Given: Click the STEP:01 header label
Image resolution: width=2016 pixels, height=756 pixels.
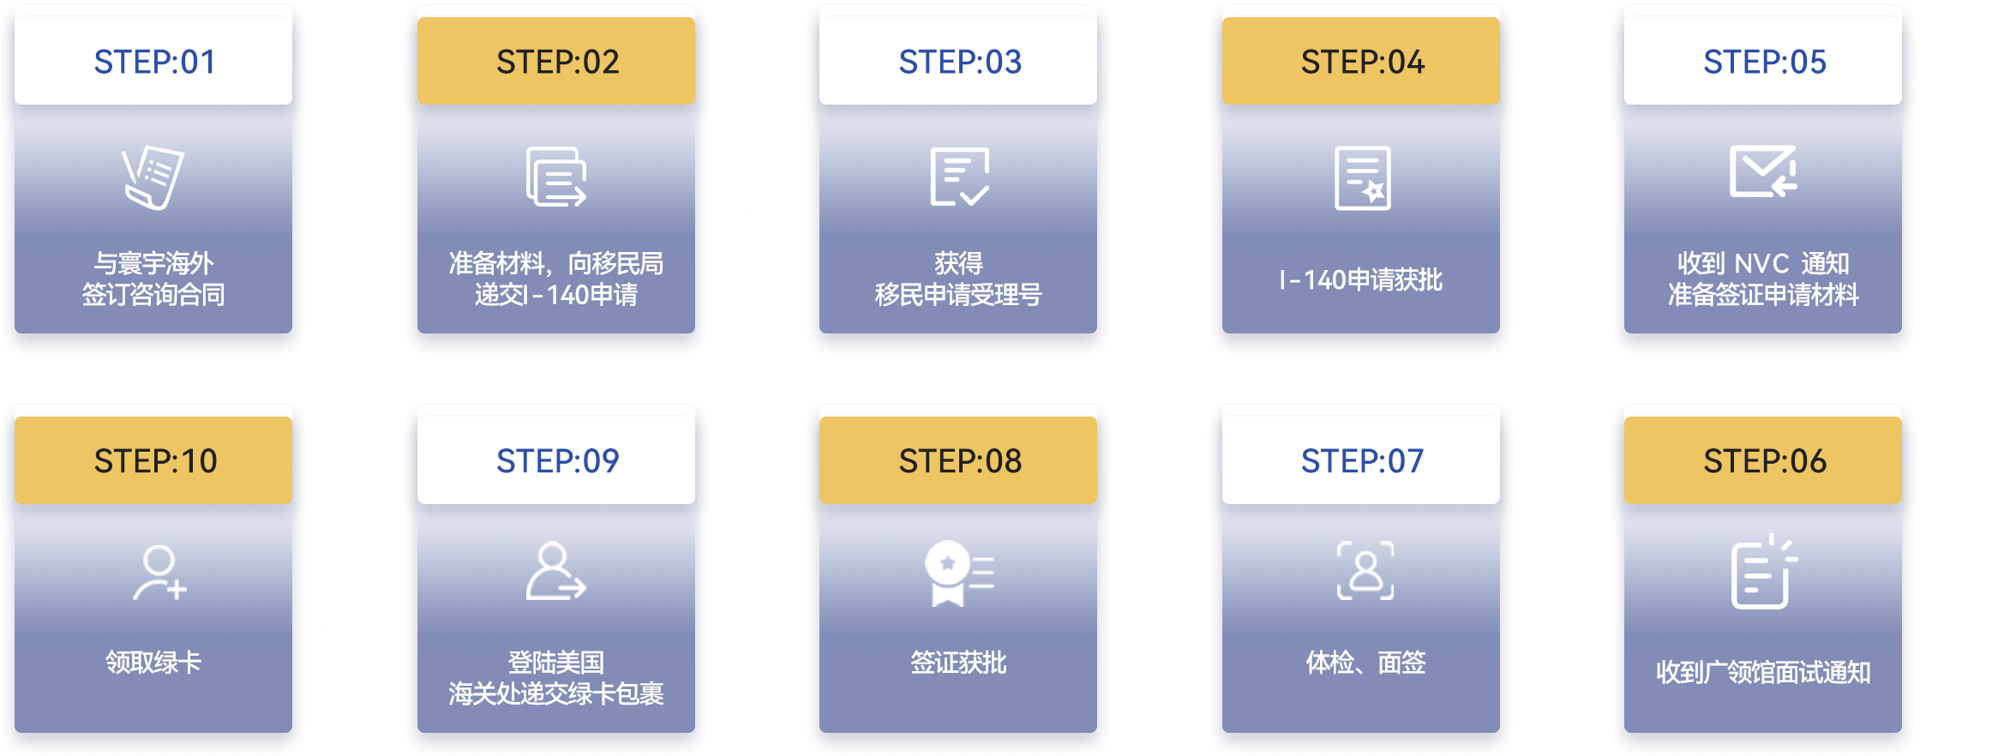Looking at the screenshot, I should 154,62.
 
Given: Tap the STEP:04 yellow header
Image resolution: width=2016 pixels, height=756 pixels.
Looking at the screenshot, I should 1361,62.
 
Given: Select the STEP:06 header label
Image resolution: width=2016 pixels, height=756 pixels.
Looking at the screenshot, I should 1763,461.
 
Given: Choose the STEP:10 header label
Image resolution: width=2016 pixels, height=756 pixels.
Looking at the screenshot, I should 154,461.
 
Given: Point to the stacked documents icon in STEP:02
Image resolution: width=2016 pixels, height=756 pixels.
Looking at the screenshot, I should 556,177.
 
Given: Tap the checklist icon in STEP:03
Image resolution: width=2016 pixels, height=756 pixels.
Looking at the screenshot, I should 959,177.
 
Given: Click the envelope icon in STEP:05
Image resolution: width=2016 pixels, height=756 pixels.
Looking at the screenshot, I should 1763,171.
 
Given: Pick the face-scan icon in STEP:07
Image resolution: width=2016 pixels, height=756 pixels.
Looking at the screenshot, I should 1365,570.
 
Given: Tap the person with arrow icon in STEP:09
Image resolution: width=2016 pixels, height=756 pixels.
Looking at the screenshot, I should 555,571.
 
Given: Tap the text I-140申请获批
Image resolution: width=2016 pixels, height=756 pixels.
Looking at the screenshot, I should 1361,279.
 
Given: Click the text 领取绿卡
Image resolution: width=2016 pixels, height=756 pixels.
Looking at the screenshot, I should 154,662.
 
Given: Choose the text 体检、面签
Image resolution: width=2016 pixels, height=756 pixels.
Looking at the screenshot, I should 1365,662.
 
